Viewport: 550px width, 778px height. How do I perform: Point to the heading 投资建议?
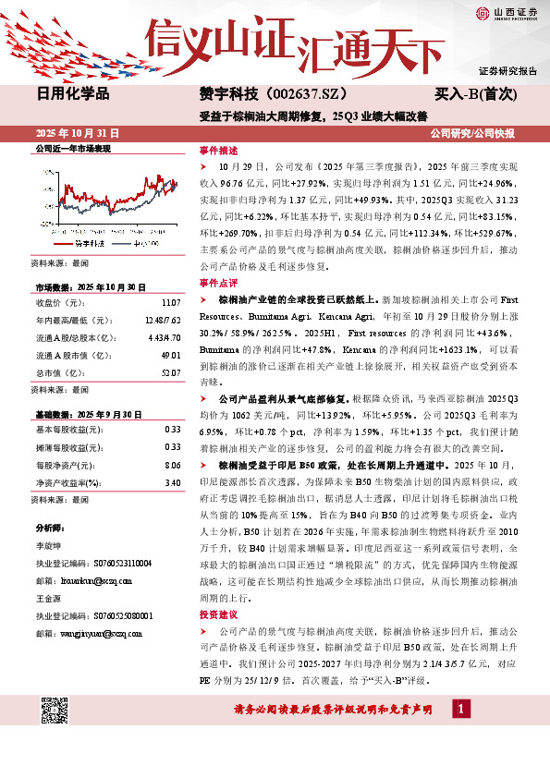point(218,614)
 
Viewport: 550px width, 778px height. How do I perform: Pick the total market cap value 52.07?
point(170,372)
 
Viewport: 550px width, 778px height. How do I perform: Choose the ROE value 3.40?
point(172,481)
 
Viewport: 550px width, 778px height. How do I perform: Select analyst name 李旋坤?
point(49,547)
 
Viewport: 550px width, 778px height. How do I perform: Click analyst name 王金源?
point(49,599)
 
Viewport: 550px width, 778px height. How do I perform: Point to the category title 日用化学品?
point(72,93)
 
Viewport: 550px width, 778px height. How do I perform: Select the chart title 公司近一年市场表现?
point(71,148)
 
